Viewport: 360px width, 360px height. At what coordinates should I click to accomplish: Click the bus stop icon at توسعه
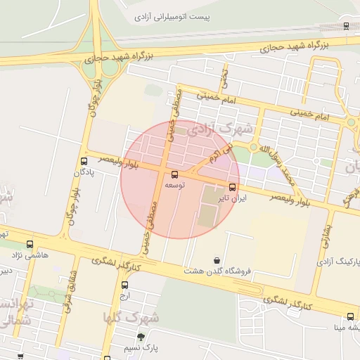(x=175, y=174)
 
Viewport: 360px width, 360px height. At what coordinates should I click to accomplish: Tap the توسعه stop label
(x=175, y=184)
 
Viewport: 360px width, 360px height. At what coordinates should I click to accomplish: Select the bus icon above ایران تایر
(x=233, y=187)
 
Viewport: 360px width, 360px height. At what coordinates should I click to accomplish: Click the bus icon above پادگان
(x=84, y=160)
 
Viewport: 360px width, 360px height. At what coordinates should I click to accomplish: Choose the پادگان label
(x=83, y=171)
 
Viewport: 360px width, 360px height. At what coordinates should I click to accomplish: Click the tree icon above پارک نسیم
(x=141, y=337)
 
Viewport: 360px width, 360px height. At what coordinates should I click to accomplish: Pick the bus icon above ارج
(x=124, y=285)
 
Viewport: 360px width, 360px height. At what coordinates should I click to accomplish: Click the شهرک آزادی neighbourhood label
(x=226, y=129)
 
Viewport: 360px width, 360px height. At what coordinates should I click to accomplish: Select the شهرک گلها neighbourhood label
(x=131, y=318)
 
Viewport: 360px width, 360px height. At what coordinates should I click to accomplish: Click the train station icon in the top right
(x=346, y=25)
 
